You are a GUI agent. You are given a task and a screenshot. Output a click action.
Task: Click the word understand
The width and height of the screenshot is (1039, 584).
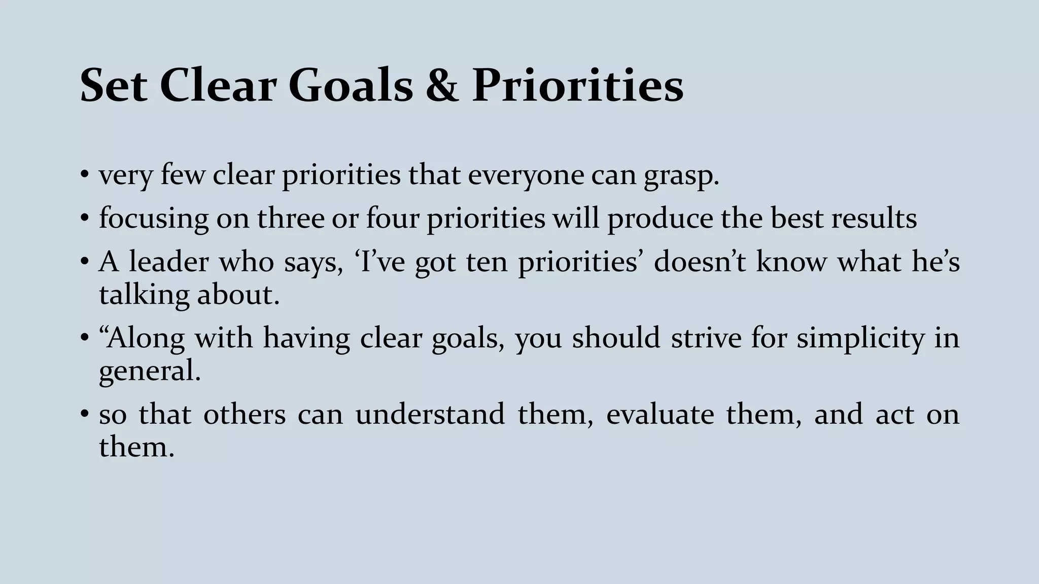[x=430, y=414]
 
